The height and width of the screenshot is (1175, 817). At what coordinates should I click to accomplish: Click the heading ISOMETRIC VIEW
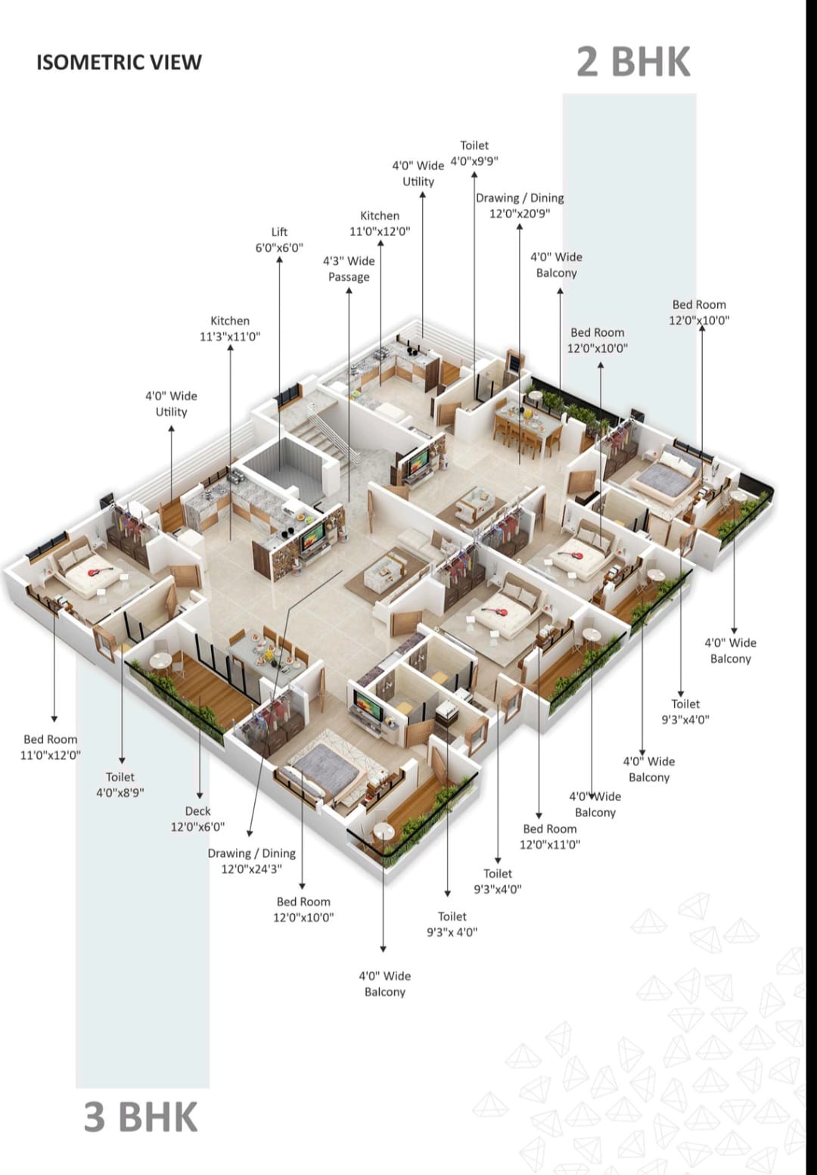[119, 62]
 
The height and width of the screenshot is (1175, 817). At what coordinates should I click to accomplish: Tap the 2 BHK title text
[633, 61]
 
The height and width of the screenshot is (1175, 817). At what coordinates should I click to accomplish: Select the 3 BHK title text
[141, 1117]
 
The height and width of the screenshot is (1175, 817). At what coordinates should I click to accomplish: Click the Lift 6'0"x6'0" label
[279, 240]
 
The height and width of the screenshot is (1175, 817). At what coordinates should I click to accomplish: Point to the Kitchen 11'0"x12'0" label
[380, 224]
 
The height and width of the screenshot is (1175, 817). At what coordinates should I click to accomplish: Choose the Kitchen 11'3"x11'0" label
[230, 329]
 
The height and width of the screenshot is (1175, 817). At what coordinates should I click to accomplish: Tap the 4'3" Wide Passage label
[349, 269]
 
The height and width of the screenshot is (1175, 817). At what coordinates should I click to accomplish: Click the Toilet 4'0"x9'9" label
[474, 153]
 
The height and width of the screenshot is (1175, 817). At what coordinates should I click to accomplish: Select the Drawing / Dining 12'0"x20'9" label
[520, 206]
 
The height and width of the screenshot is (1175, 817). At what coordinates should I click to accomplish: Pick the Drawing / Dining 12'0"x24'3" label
[252, 861]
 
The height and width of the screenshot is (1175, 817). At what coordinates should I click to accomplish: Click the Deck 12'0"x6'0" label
[197, 819]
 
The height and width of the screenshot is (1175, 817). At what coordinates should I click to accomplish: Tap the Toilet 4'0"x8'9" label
[120, 785]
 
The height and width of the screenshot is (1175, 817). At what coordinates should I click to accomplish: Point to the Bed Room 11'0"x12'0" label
[51, 747]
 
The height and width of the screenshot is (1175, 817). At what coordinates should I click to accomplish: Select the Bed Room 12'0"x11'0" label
[550, 836]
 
